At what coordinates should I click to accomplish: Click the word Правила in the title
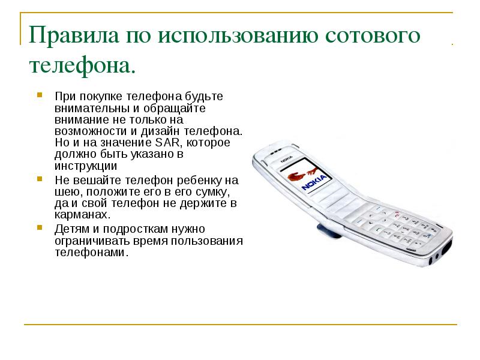[74, 35]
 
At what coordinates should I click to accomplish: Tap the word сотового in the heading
[373, 35]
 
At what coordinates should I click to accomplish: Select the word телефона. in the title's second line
[82, 66]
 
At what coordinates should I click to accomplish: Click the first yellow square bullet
[40, 95]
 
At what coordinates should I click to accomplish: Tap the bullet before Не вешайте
[40, 179]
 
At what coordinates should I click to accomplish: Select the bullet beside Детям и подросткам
[40, 227]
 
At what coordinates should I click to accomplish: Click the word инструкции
[86, 166]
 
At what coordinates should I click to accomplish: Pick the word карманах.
[82, 215]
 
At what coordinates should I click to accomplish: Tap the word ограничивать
[92, 241]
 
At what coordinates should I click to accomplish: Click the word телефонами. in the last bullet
[92, 253]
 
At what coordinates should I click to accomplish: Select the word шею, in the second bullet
[68, 192]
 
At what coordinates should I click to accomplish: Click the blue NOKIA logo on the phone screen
[314, 182]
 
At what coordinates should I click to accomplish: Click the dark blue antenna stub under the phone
[329, 231]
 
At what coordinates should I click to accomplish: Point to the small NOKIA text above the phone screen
[287, 159]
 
